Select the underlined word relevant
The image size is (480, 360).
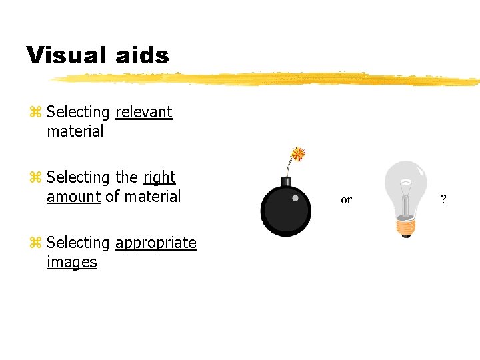(144, 112)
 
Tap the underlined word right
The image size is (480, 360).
(159, 177)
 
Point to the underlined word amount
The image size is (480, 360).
(73, 197)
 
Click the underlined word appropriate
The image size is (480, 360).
(156, 243)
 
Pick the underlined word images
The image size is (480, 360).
(72, 262)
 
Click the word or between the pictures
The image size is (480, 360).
(346, 199)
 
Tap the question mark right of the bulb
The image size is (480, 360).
(443, 199)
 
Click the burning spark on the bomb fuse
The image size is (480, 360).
(298, 155)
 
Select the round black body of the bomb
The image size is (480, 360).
(285, 210)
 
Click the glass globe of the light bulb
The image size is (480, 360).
(406, 185)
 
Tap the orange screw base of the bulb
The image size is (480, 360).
(405, 227)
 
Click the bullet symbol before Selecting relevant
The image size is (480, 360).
(35, 113)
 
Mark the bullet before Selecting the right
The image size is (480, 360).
(35, 178)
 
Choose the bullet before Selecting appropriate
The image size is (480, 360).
(35, 243)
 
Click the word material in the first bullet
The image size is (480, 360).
(75, 131)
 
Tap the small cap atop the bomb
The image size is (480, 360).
(286, 181)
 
